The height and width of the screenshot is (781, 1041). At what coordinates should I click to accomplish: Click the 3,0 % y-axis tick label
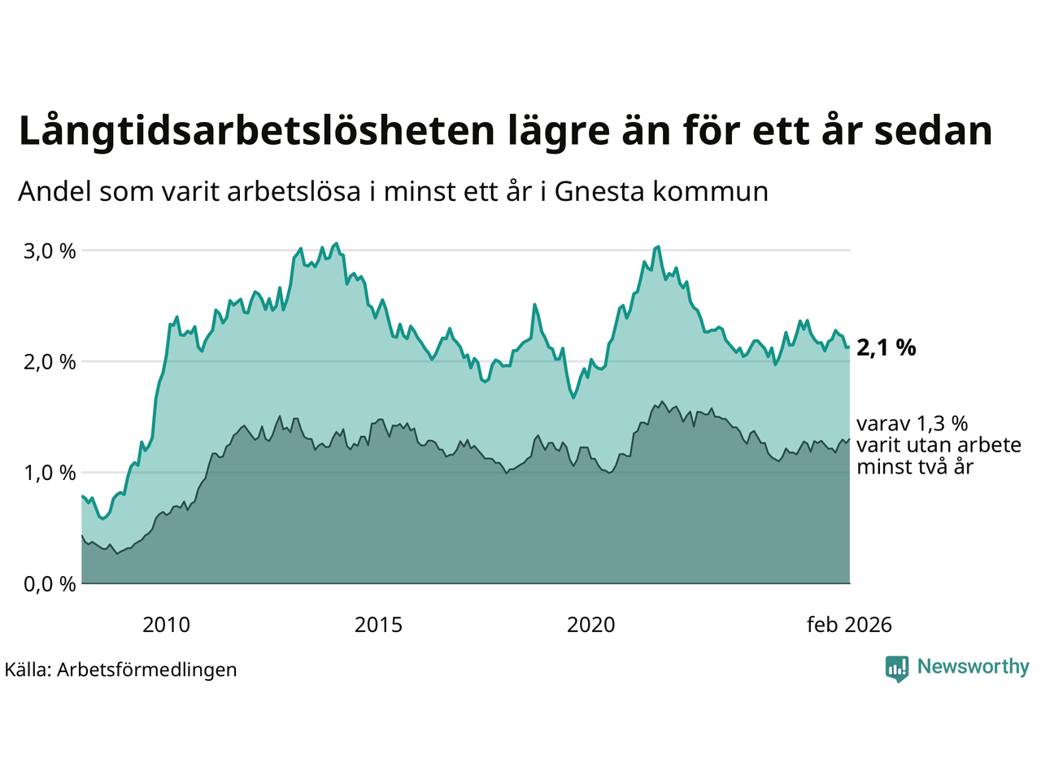click(x=50, y=251)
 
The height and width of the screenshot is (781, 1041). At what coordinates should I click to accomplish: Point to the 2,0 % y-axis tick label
click(x=50, y=361)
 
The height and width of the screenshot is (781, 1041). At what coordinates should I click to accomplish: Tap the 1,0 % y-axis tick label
click(x=50, y=473)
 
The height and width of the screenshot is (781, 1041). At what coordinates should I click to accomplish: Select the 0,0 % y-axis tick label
click(x=50, y=584)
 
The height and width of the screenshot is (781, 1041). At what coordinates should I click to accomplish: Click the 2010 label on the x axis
click(x=166, y=625)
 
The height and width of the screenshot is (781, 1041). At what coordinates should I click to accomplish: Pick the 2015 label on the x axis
click(x=378, y=625)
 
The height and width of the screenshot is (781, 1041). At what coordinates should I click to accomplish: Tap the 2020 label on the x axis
click(x=591, y=625)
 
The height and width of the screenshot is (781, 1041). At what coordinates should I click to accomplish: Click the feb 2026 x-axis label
click(x=849, y=625)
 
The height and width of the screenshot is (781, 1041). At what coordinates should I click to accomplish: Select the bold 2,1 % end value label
click(x=886, y=348)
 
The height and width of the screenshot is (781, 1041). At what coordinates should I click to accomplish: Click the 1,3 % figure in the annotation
click(x=943, y=424)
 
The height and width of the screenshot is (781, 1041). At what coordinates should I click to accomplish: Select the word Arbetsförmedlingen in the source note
click(x=147, y=670)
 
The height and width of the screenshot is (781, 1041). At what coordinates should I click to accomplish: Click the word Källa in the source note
click(x=28, y=670)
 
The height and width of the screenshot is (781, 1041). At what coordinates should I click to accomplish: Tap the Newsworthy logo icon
click(x=897, y=669)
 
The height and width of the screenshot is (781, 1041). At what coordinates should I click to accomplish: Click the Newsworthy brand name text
click(x=973, y=667)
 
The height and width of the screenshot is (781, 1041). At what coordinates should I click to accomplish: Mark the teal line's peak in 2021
click(x=657, y=247)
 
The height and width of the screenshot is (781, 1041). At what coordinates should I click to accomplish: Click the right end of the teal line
click(x=849, y=347)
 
